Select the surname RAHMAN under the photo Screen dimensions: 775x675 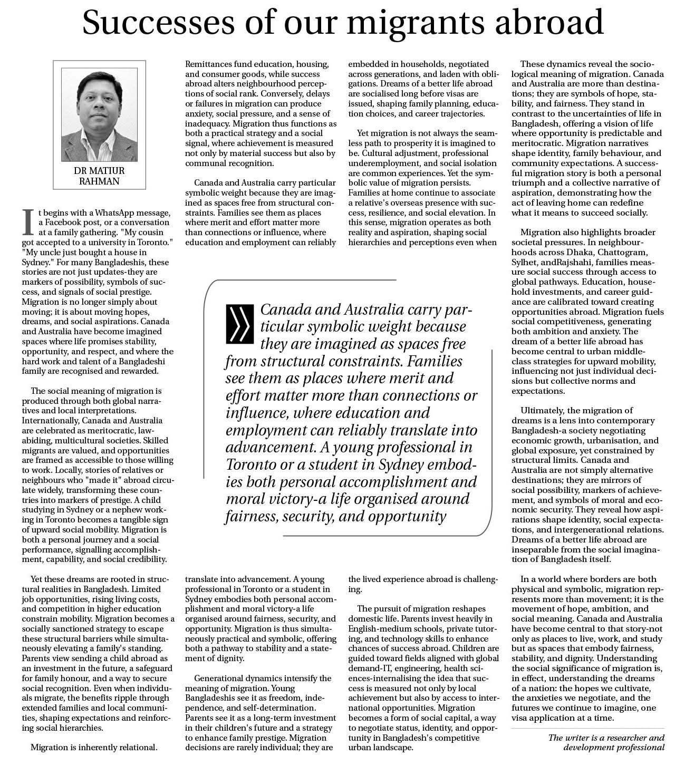[x=100, y=181]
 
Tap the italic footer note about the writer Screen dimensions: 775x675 [x=606, y=742]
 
